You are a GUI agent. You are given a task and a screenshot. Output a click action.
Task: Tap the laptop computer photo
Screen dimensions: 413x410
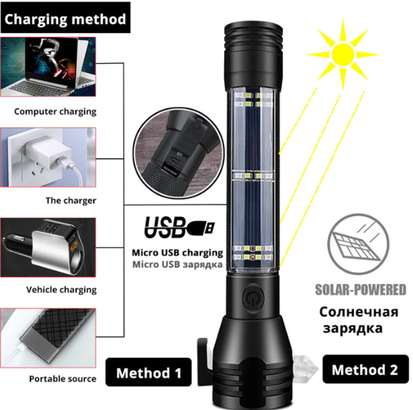tap(48, 67)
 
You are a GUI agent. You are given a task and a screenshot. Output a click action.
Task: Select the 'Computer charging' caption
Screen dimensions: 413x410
tap(55, 112)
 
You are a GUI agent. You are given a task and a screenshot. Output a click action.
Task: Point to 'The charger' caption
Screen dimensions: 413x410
tap(71, 201)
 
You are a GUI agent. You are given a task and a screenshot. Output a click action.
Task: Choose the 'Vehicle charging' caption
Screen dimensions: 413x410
tap(61, 290)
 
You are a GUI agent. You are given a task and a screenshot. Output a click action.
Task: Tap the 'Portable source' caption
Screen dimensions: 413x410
tap(62, 379)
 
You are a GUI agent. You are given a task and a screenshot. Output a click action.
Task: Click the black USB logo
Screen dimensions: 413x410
tap(179, 226)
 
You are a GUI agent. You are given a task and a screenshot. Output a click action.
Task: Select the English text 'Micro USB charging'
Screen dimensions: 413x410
tap(177, 253)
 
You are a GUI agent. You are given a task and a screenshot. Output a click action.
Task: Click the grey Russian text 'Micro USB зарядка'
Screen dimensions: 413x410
tap(177, 264)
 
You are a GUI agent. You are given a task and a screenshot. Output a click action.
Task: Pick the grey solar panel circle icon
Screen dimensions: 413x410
tap(358, 245)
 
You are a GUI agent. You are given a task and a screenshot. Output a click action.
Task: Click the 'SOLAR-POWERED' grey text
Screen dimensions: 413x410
tap(360, 290)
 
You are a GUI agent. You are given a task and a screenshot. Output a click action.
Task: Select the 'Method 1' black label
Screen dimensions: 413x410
tap(149, 373)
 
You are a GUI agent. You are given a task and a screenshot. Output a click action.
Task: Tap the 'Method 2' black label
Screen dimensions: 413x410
tap(366, 369)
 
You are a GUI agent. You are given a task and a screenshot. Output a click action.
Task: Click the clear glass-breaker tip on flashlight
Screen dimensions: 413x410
tap(304, 369)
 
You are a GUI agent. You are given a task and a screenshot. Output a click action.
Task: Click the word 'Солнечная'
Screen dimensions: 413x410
tap(359, 312)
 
